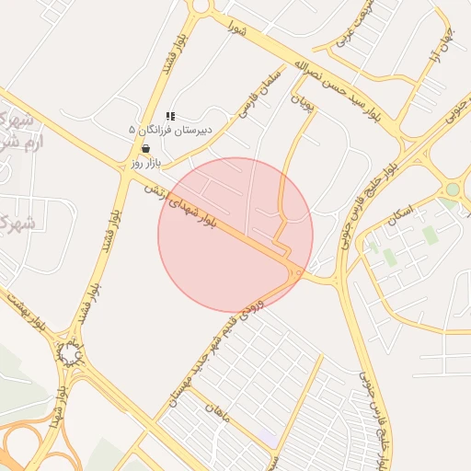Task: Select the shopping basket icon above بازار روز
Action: click(145, 148)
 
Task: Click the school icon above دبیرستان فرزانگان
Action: click(170, 116)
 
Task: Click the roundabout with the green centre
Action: click(451, 190)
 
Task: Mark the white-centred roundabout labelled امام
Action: click(69, 353)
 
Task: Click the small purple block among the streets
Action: click(266, 432)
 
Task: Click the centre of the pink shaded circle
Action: click(235, 235)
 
